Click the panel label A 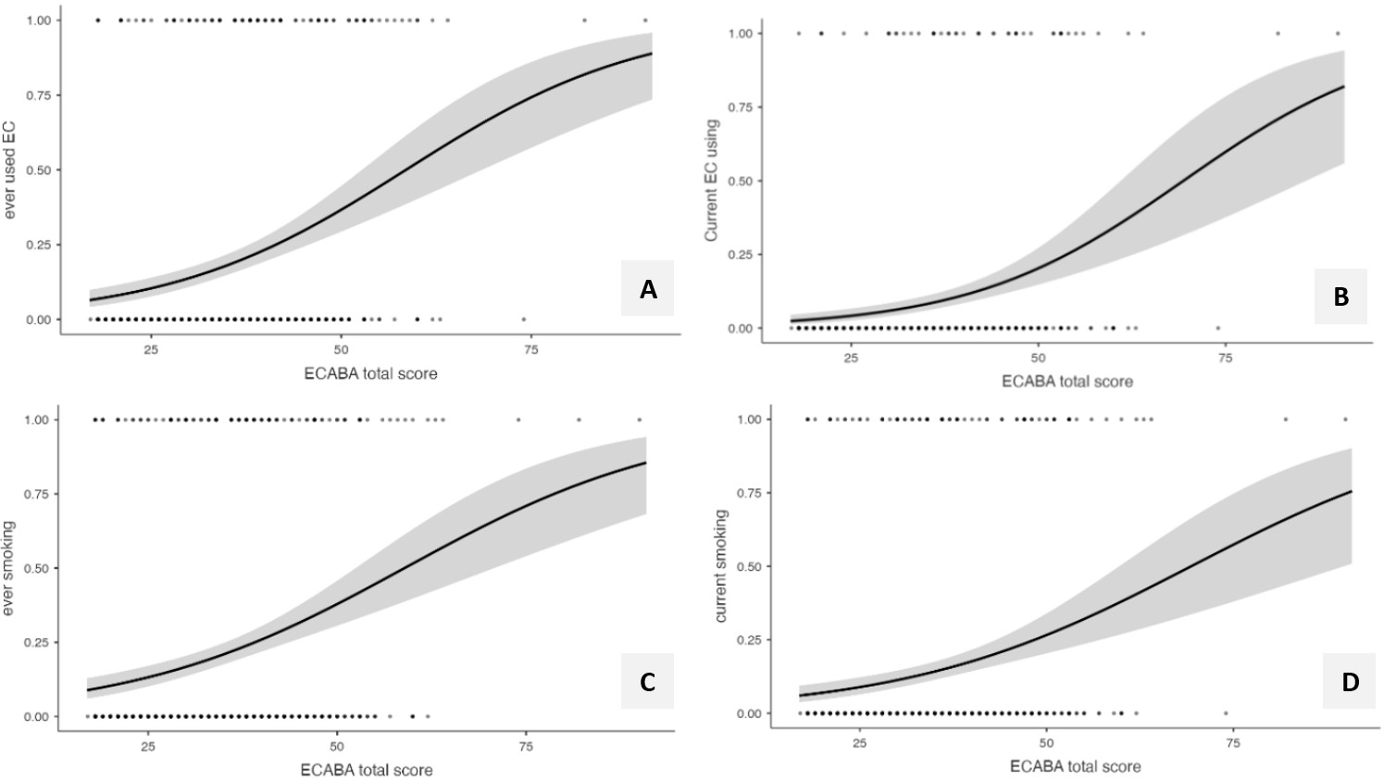[648, 290]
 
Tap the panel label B [1340, 297]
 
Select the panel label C [647, 682]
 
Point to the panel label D [1350, 682]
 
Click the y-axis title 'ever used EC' [10, 170]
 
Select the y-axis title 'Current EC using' [712, 181]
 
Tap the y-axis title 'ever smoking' [10, 568]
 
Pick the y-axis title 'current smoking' [721, 566]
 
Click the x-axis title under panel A [370, 373]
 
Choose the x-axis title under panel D [1075, 766]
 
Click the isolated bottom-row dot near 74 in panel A [524, 320]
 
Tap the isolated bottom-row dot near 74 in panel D [1226, 713]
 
